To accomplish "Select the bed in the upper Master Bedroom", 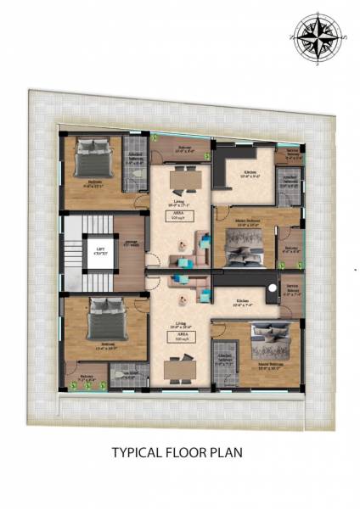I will click(244, 249).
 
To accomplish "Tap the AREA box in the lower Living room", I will click(182, 338).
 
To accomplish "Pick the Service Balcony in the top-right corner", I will click(291, 155).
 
